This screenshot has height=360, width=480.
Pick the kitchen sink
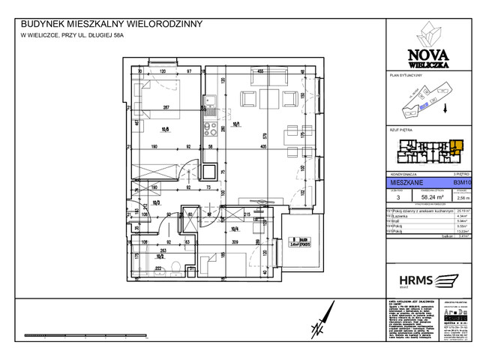point(213,99)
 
